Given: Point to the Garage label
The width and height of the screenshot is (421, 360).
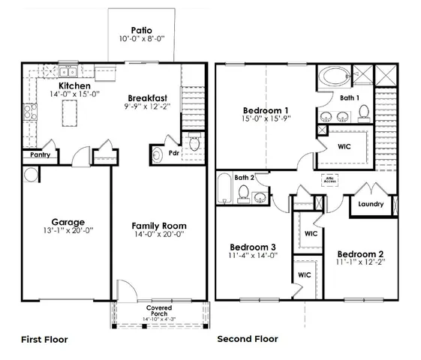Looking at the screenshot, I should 68,221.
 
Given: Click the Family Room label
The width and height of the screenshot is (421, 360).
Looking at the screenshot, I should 159,226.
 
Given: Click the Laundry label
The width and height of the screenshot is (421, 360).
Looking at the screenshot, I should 371,204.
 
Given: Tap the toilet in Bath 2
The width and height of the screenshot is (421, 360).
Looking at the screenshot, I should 244,193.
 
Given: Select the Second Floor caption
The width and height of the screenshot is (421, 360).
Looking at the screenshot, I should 248,339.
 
